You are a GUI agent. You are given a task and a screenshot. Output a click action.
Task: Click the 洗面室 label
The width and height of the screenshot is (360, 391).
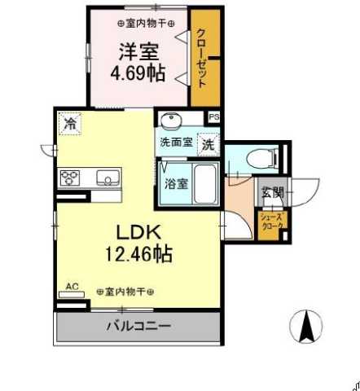click(175, 142)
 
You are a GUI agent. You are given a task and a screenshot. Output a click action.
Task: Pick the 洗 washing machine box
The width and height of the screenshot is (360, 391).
click(209, 145)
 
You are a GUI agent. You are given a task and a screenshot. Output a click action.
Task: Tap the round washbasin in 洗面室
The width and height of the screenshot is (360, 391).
click(171, 122)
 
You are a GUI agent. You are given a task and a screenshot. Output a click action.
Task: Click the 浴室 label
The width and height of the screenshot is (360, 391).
click(178, 183)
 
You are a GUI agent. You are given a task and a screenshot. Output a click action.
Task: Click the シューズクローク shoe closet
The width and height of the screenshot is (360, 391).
click(270, 222)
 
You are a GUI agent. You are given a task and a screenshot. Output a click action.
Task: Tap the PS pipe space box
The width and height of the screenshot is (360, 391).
click(213, 117)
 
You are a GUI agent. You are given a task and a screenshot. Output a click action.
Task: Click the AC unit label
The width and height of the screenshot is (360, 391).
click(72, 286)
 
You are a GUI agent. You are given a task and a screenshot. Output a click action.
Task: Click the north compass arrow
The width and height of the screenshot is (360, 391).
click(308, 327)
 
